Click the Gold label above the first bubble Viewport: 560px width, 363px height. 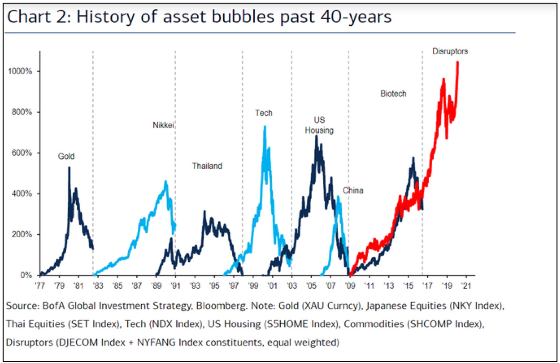(66, 156)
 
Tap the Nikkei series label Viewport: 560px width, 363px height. (163, 125)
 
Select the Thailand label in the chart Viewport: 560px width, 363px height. (207, 166)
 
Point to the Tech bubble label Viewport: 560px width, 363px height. (264, 113)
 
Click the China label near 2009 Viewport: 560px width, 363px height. (353, 190)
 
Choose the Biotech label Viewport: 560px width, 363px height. (393, 94)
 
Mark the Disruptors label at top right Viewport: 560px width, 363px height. (450, 51)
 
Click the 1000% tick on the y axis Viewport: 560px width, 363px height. (20, 71)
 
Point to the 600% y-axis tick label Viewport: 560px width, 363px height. (22, 153)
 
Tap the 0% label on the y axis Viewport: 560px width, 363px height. (26, 275)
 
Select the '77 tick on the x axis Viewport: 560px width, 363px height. (40, 285)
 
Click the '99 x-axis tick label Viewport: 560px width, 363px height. (253, 285)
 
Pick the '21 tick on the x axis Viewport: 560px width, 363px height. (466, 285)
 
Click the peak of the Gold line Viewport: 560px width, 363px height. (69, 168)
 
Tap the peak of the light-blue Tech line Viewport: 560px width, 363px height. (265, 126)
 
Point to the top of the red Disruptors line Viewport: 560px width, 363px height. (458, 63)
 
